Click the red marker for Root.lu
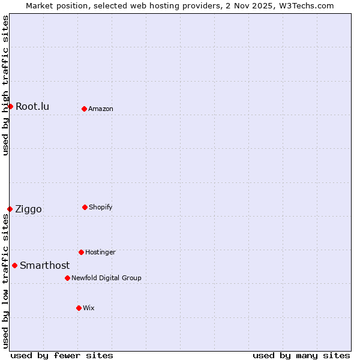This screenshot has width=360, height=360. [x=10, y=106]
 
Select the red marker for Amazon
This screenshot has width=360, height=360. [x=84, y=109]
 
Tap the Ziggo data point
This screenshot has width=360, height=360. [x=10, y=209]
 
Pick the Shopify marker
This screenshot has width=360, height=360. [x=85, y=207]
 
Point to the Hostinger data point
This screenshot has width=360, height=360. [x=81, y=252]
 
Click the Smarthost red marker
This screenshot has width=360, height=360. [x=14, y=265]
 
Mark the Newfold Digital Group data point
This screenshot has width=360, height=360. [x=67, y=278]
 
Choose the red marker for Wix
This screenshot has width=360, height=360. [x=79, y=308]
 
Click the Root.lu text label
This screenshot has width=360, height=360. [x=32, y=107]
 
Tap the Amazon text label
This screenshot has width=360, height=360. [x=101, y=109]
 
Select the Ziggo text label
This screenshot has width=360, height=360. [x=28, y=209]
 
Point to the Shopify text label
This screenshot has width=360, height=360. [x=101, y=208]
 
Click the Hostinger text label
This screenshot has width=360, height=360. [x=100, y=253]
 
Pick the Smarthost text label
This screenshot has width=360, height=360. [x=44, y=266]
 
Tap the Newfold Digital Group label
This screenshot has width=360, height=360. [x=106, y=278]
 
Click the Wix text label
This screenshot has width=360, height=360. [x=89, y=308]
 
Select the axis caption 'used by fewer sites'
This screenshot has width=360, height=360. [x=62, y=356]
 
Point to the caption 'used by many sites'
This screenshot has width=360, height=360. [x=301, y=356]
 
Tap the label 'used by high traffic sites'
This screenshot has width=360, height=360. [x=5, y=85]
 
